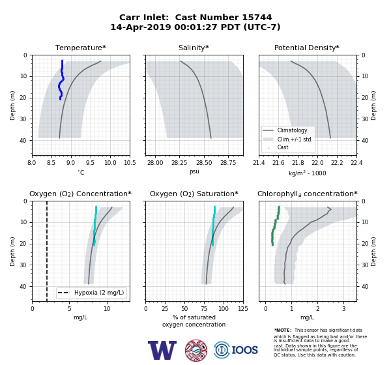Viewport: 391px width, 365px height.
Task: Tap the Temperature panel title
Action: coord(81,48)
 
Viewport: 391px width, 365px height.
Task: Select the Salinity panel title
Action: coord(194,48)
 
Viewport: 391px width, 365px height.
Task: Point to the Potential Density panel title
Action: coord(307,48)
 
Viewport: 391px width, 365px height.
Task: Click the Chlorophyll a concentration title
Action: coord(307,194)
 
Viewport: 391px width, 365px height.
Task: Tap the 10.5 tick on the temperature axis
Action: coord(130,163)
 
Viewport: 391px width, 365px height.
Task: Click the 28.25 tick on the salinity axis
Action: coord(179,163)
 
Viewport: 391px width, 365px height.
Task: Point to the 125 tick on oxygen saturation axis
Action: coord(243,309)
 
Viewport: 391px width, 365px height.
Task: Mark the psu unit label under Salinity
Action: coord(194,171)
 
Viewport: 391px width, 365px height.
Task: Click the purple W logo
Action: coord(162,350)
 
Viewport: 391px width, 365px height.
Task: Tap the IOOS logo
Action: coord(236,350)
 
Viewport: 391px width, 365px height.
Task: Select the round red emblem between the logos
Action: coord(196,350)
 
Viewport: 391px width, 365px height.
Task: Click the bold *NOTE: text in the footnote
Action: coord(283,330)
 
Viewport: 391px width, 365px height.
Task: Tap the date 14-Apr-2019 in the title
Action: coord(141,27)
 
